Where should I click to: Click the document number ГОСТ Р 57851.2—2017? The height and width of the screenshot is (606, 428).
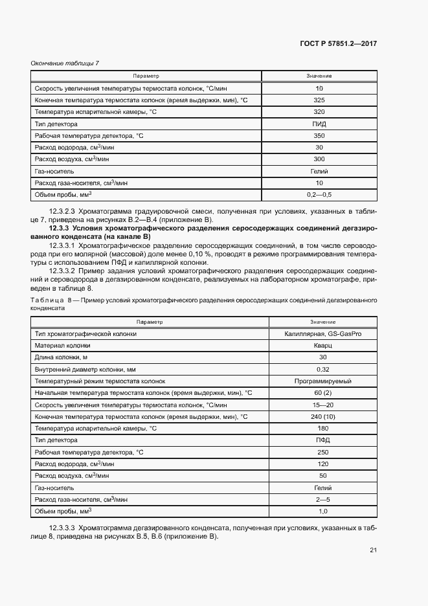pyautogui.click(x=347, y=43)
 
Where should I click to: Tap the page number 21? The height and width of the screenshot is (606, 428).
pyautogui.click(x=373, y=551)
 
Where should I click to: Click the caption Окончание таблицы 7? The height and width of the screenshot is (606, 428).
pyautogui.click(x=65, y=63)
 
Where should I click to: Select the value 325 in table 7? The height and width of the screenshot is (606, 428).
pyautogui.click(x=319, y=100)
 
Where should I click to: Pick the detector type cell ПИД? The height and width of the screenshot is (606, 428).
pyautogui.click(x=319, y=124)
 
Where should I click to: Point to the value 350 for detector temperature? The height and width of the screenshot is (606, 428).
pyautogui.click(x=319, y=135)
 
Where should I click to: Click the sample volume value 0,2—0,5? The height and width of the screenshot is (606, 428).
pyautogui.click(x=319, y=195)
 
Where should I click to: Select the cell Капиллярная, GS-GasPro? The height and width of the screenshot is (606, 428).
pyautogui.click(x=322, y=333)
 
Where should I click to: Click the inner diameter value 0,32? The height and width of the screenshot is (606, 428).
pyautogui.click(x=322, y=369)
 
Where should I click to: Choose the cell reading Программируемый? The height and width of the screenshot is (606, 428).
pyautogui.click(x=322, y=381)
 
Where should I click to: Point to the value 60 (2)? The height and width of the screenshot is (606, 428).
pyautogui.click(x=322, y=393)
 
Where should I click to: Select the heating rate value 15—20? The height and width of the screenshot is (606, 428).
pyautogui.click(x=322, y=405)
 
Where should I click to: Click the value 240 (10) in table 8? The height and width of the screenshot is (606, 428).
pyautogui.click(x=322, y=416)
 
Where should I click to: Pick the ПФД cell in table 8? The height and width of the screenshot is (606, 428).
pyautogui.click(x=322, y=440)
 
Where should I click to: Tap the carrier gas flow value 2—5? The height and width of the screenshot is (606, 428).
pyautogui.click(x=322, y=499)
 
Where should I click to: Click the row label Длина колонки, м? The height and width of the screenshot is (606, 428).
pyautogui.click(x=62, y=357)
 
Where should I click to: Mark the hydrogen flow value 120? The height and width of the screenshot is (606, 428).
pyautogui.click(x=322, y=464)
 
